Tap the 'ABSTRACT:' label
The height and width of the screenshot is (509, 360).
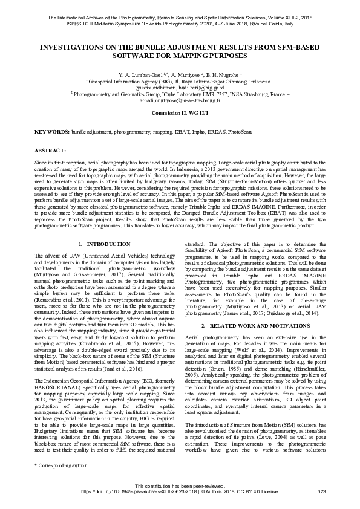point(46,149)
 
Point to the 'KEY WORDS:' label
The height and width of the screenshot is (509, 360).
point(51,131)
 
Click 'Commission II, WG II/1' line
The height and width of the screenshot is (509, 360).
point(180,113)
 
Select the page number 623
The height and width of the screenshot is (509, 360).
point(321,492)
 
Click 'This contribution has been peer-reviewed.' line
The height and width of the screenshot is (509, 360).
point(180,486)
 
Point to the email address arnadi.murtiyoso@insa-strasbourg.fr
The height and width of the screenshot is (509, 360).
point(180,100)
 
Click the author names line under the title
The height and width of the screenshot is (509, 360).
point(180,74)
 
